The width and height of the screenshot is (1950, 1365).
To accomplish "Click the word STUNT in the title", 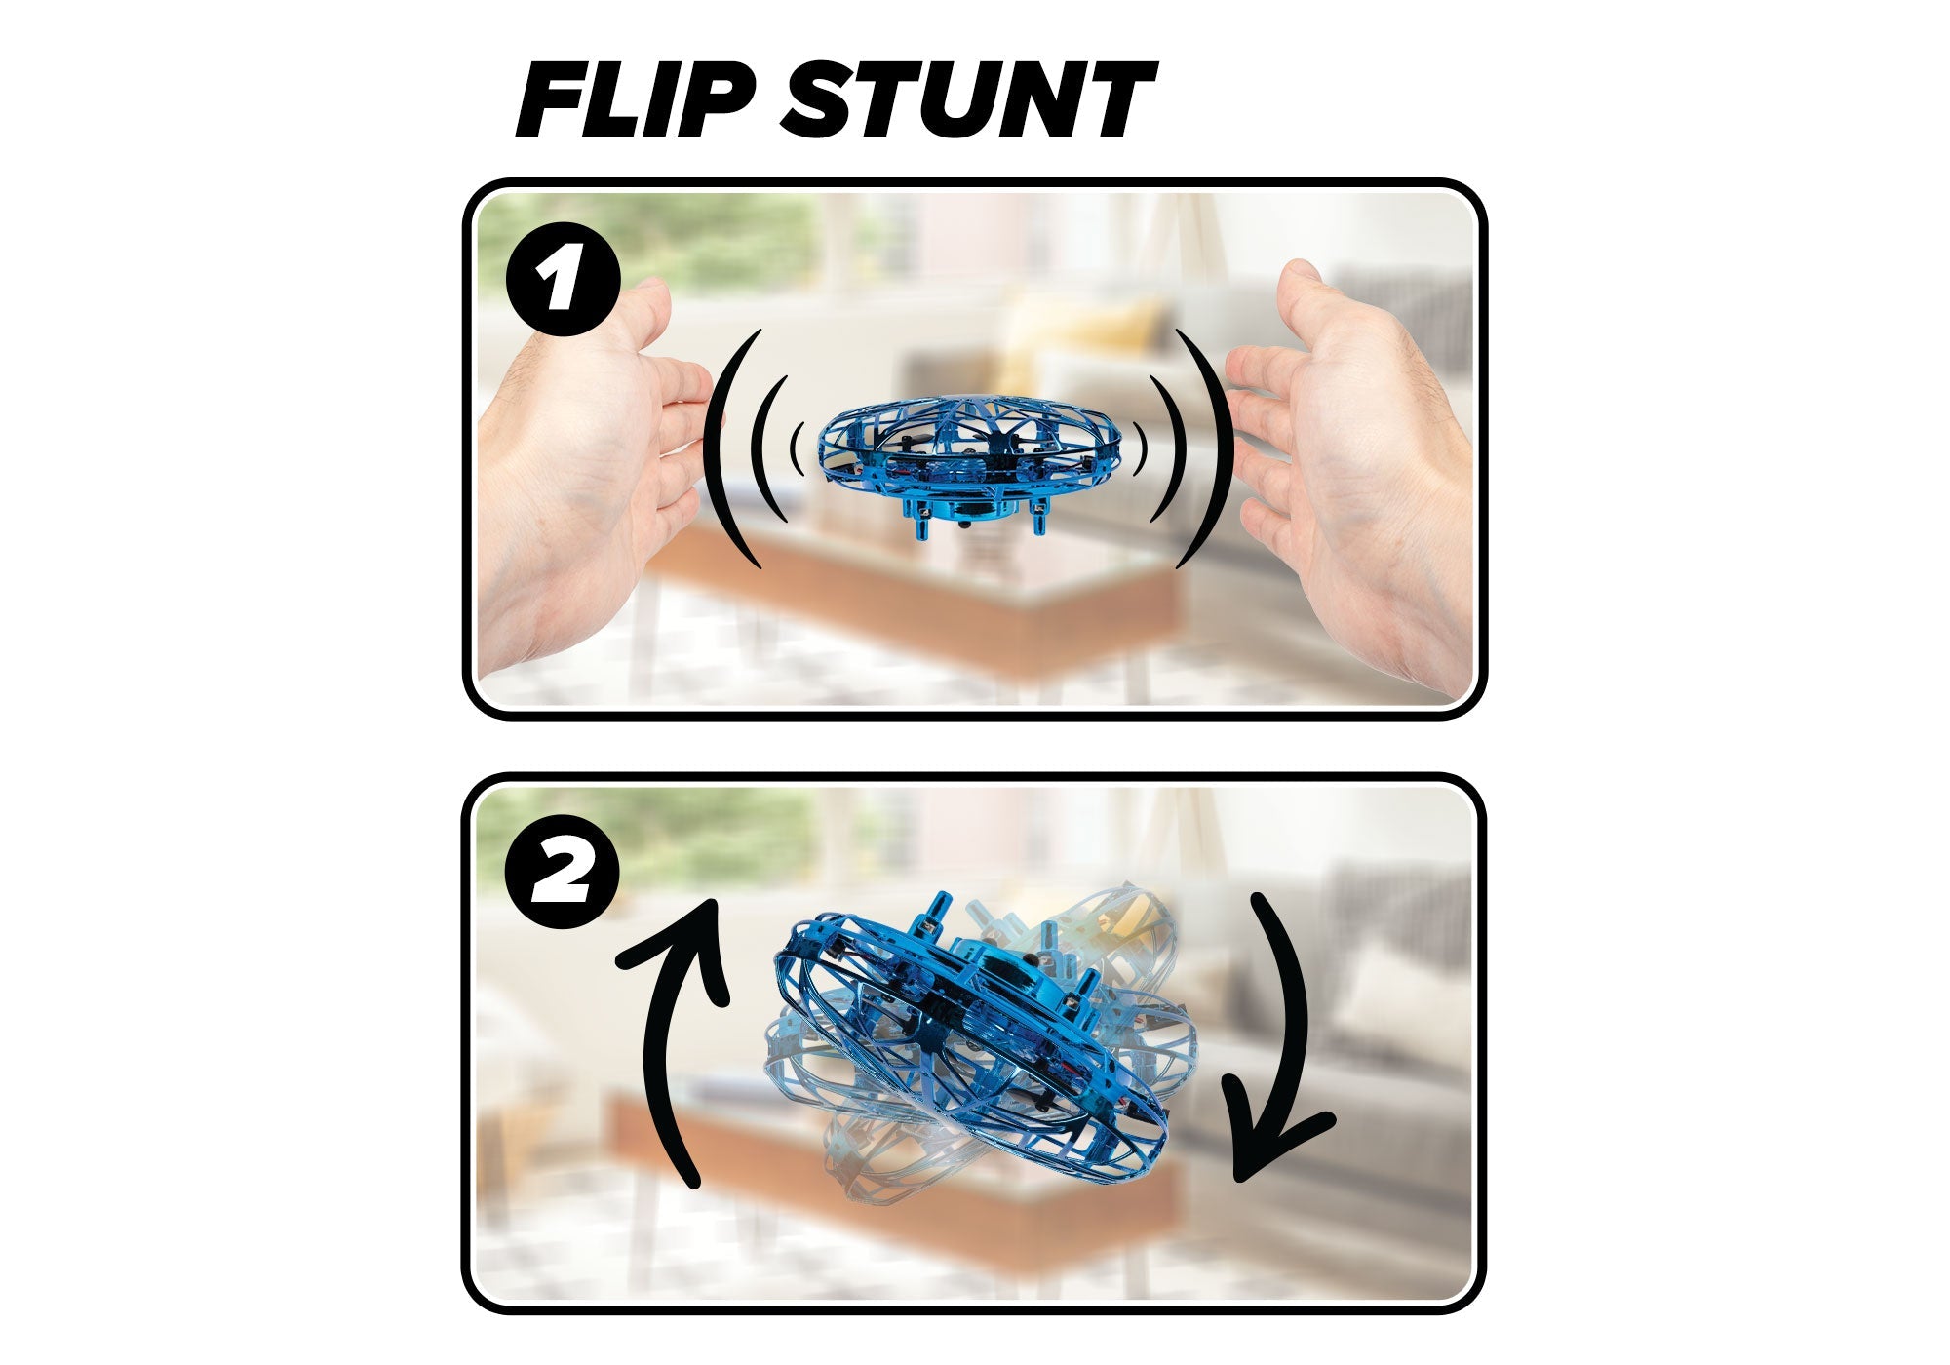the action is (x=968, y=99).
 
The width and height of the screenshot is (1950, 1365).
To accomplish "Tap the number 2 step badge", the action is (x=564, y=872).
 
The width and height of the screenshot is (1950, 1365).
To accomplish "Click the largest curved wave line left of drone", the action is (x=715, y=448).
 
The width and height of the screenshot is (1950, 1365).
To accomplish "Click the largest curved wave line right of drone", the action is (x=1220, y=448).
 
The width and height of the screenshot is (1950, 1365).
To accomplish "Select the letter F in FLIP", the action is (x=556, y=100).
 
